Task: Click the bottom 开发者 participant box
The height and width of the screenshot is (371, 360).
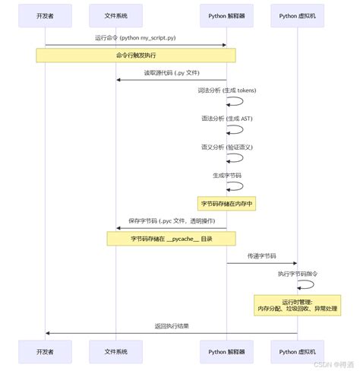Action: tap(46, 352)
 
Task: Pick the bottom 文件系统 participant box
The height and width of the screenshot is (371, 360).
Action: tap(115, 352)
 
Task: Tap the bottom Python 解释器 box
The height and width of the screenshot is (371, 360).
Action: tap(226, 352)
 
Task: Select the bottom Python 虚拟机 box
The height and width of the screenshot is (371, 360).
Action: tap(297, 352)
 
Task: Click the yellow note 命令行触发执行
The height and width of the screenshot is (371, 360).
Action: tap(135, 55)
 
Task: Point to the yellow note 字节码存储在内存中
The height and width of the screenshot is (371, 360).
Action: tap(226, 204)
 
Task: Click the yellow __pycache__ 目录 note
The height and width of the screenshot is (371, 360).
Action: tap(170, 239)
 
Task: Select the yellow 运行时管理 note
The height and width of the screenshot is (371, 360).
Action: tap(297, 304)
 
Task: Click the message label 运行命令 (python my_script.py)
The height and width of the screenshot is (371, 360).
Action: tap(135, 37)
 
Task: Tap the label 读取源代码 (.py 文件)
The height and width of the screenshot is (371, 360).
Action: tap(171, 73)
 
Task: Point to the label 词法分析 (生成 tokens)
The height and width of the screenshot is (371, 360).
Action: tap(226, 90)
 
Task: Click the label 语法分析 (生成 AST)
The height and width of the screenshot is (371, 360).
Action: tap(226, 119)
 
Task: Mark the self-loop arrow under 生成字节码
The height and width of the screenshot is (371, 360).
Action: tap(237, 186)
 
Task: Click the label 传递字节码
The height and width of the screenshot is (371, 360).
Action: tap(261, 256)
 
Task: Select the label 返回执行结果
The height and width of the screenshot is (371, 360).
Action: tap(172, 325)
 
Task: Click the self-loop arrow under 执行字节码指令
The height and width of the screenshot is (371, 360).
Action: tap(307, 284)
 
